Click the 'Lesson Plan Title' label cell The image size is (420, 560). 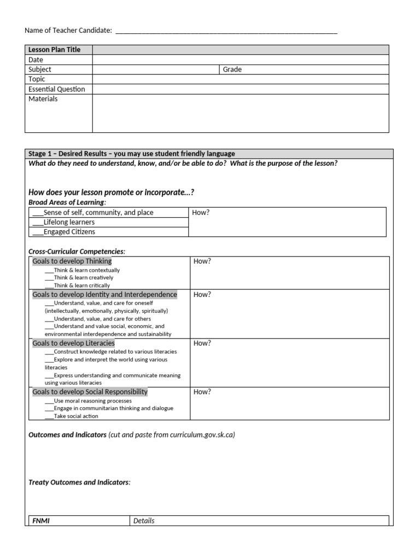[x=54, y=50]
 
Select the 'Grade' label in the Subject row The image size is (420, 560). [x=232, y=69]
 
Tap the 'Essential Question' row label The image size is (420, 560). [x=56, y=89]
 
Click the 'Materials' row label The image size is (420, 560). [x=43, y=99]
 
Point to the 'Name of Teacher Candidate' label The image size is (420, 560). [x=68, y=31]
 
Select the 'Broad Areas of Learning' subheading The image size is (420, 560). [x=67, y=202]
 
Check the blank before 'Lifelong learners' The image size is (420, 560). [x=37, y=222]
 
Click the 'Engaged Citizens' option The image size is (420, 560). [x=69, y=232]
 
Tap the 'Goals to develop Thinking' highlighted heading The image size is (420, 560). [x=72, y=261]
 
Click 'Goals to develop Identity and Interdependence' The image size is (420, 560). [x=104, y=295]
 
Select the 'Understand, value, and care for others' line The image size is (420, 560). [x=102, y=318]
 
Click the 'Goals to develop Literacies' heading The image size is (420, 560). [x=73, y=343]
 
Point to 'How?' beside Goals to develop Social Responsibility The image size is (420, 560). [x=202, y=392]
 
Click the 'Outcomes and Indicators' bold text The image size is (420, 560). [x=67, y=435]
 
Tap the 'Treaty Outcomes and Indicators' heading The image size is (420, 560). [x=79, y=482]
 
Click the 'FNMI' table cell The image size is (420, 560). [x=41, y=521]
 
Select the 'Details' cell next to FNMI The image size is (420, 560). [x=144, y=521]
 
